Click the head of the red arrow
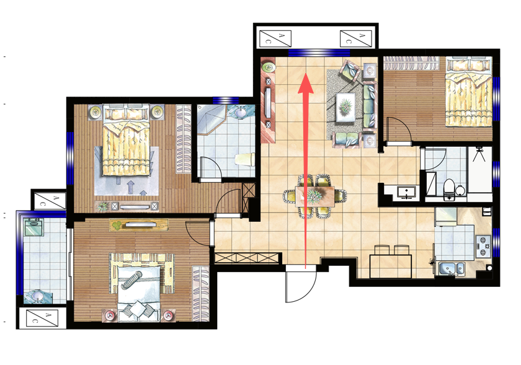(305, 84)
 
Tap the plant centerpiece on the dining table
(314, 196)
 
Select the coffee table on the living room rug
(346, 107)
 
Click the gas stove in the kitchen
(483, 246)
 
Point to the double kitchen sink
(452, 268)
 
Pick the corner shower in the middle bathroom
(211, 120)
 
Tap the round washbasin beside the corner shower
(240, 112)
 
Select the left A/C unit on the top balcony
(275, 38)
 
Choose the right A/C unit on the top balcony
(356, 38)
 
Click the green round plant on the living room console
(269, 68)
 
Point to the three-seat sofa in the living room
(370, 107)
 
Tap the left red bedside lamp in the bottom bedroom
(110, 315)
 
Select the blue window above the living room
(319, 53)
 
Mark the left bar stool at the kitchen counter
(382, 250)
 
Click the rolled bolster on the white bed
(131, 280)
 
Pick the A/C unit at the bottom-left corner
(42, 318)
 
